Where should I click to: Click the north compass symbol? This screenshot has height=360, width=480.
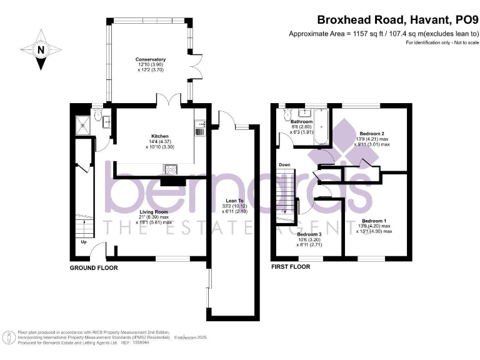(41, 49)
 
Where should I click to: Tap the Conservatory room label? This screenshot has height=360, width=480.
(150, 60)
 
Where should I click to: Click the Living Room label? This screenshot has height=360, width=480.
(152, 212)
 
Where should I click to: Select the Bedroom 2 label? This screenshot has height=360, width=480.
(369, 133)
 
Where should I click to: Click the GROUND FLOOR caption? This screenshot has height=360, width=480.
(94, 267)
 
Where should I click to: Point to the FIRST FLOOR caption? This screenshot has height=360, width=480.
(291, 266)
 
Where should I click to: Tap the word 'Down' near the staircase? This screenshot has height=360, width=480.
(284, 165)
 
